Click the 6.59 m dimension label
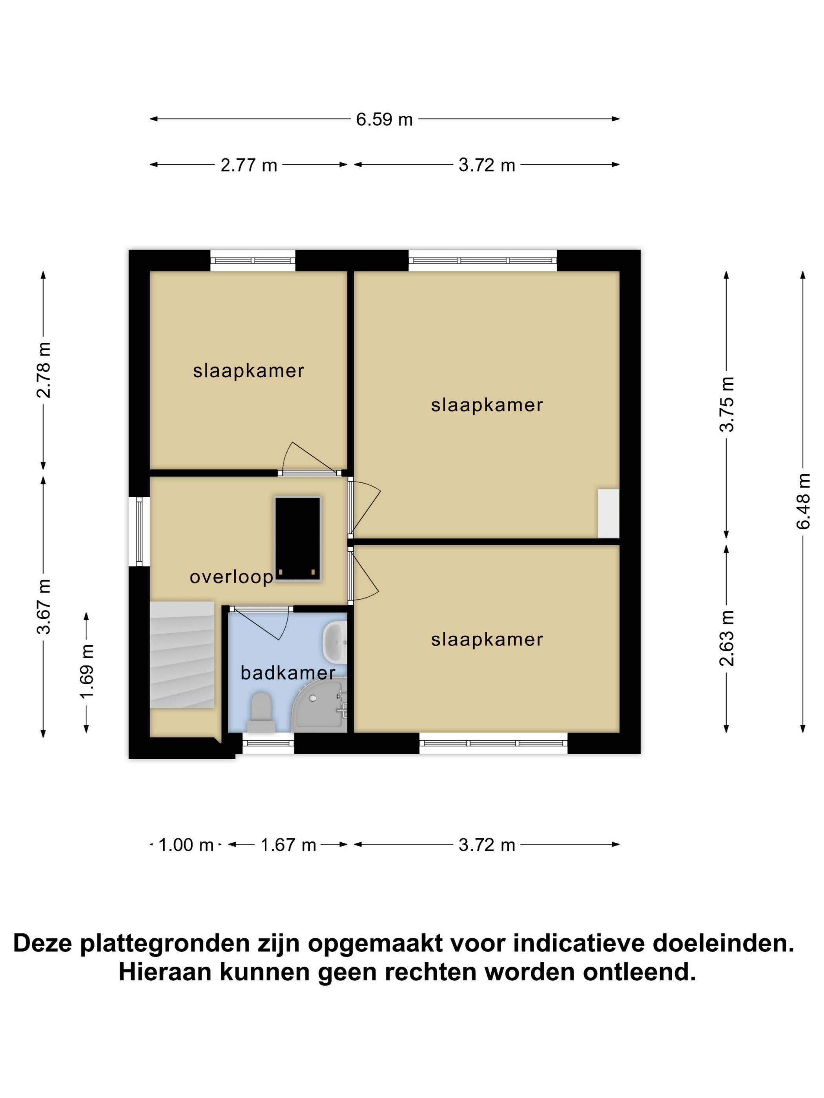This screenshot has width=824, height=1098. [x=384, y=120]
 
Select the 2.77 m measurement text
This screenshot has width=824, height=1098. [x=248, y=165]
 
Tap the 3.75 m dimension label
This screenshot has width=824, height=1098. [x=727, y=404]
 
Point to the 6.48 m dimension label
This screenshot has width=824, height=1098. [x=803, y=501]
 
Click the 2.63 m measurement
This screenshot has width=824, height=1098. [x=727, y=638]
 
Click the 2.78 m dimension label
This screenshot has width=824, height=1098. [x=44, y=370]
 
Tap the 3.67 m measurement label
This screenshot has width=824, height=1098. [x=44, y=606]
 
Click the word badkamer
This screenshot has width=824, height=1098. [x=288, y=673]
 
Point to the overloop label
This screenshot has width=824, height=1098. [x=232, y=577]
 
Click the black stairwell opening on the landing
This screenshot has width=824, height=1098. [x=297, y=538]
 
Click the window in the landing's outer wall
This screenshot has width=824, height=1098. [x=139, y=532]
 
